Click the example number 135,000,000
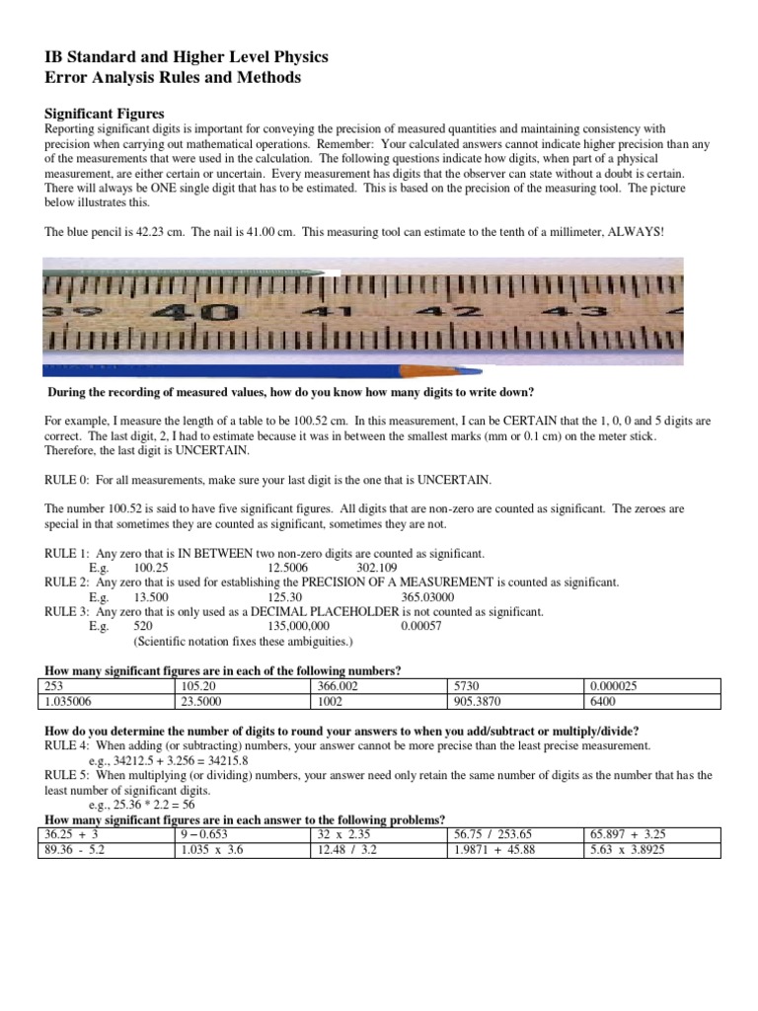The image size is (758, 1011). coord(298,626)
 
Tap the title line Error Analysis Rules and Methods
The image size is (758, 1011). coord(174,77)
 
